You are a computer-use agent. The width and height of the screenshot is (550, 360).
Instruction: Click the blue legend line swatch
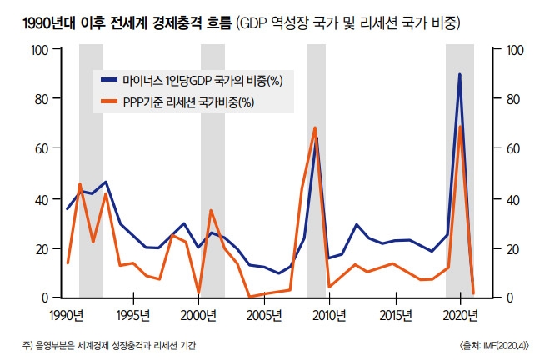pyautogui.click(x=109, y=80)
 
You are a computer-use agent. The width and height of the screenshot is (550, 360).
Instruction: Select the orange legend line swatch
pyautogui.click(x=109, y=102)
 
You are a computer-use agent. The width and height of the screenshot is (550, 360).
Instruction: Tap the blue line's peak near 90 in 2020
pyautogui.click(x=460, y=75)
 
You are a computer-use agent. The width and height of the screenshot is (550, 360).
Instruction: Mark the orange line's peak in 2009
pyautogui.click(x=315, y=127)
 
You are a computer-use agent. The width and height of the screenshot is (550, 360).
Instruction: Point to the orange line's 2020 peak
pyautogui.click(x=461, y=127)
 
